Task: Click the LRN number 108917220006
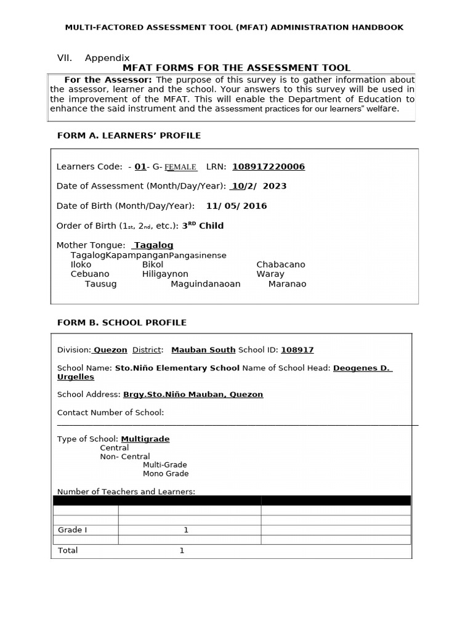pos(268,166)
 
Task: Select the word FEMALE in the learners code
pos(180,167)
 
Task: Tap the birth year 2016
pos(255,206)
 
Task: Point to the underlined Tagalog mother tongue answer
pos(153,245)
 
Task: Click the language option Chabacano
pos(280,264)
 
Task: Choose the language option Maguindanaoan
pos(205,284)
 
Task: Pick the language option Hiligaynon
pos(165,274)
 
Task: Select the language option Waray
pos(270,274)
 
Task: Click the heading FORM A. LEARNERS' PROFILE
pos(129,136)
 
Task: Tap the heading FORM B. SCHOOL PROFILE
pos(121,322)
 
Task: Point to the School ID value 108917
pos(297,350)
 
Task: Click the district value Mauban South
pos(203,350)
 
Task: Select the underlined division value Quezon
pos(110,350)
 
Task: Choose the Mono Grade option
pos(166,474)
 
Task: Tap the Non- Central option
pos(125,457)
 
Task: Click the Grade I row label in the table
pos(73,530)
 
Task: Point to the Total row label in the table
pos(68,550)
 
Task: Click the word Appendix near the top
pos(107,58)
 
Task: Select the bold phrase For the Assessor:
pos(108,80)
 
